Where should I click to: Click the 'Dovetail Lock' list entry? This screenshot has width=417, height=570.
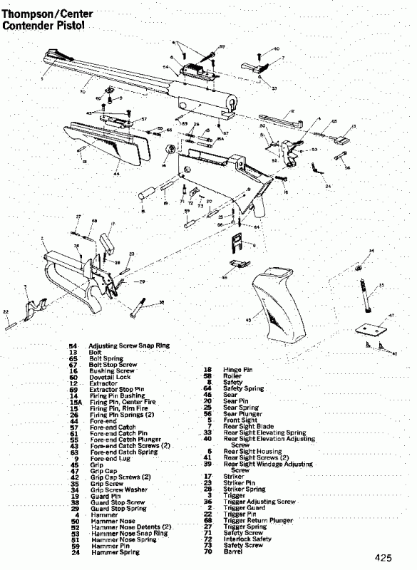[108, 377]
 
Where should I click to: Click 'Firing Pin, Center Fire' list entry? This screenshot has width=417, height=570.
[120, 403]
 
